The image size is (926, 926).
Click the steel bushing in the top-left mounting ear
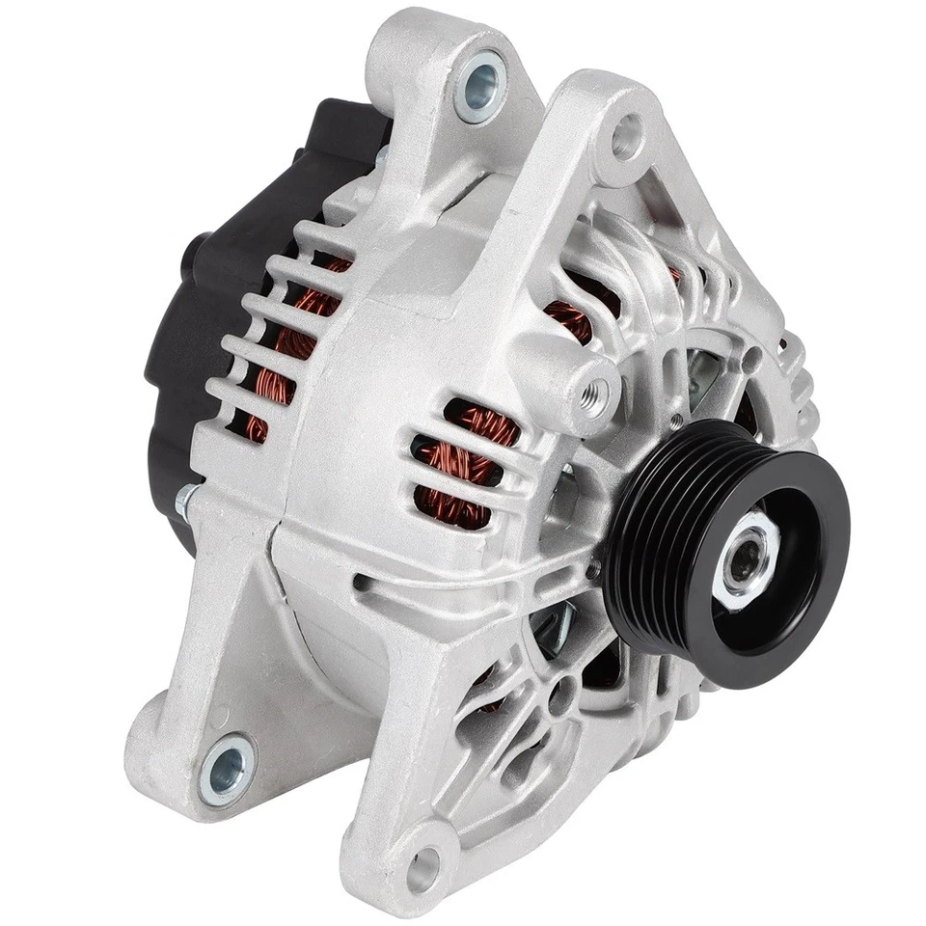click(x=479, y=87)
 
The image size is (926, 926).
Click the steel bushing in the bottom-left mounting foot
click(x=229, y=767)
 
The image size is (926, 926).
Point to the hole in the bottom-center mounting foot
click(x=422, y=869)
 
